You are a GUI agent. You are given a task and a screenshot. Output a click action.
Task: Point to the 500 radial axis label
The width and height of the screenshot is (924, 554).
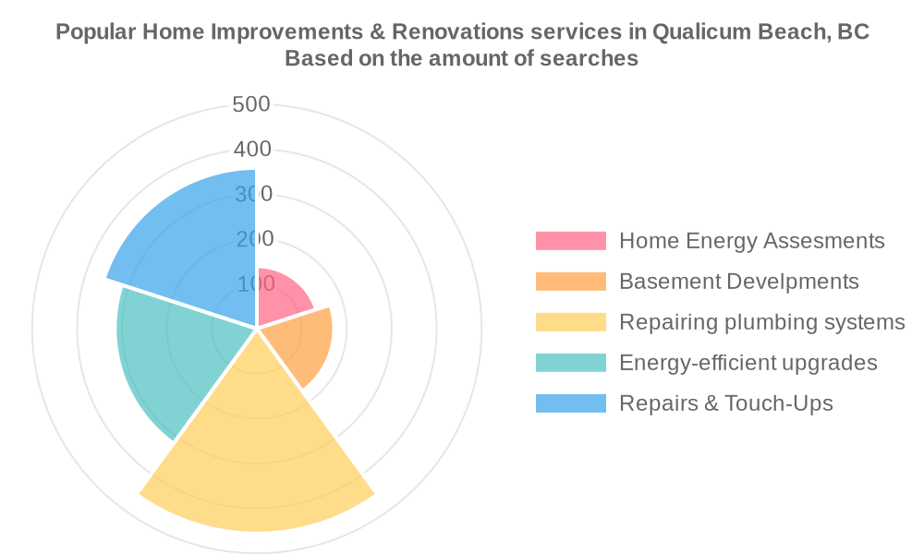tap(251, 104)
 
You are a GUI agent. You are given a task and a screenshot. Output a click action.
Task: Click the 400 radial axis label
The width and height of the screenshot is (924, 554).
tap(252, 149)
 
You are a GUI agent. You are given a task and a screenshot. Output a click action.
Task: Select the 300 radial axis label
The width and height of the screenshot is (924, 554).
tap(253, 194)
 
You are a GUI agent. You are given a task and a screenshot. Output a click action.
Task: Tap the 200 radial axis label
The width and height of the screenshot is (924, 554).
tap(255, 239)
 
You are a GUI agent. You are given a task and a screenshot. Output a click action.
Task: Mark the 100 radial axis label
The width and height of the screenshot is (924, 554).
tap(256, 283)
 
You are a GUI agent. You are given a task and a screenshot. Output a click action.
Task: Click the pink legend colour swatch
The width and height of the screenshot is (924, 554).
tap(570, 241)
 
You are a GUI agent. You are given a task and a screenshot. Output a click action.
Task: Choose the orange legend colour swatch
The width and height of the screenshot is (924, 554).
tap(570, 282)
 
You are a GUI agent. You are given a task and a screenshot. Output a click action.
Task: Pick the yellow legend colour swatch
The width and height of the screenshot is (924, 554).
tap(570, 322)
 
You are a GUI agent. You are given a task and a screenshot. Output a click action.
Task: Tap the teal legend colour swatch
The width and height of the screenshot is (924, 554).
tap(570, 363)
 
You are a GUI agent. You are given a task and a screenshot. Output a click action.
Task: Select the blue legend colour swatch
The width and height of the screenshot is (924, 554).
tap(570, 403)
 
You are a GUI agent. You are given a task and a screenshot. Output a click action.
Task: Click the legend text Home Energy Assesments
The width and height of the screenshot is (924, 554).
tap(752, 241)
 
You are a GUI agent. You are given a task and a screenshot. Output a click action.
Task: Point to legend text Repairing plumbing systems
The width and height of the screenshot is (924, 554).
tap(762, 322)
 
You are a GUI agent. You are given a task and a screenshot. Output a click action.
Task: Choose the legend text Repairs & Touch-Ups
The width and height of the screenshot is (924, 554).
tap(726, 403)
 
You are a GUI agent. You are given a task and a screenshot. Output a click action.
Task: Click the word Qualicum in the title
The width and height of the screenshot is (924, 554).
tap(701, 31)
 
